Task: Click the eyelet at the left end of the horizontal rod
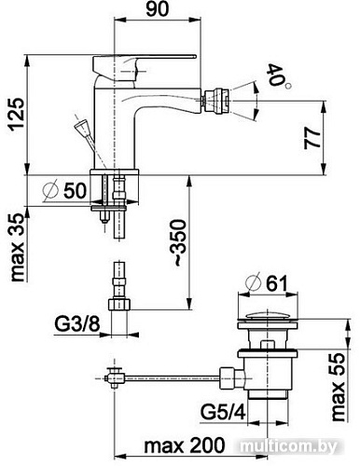click(112, 377)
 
